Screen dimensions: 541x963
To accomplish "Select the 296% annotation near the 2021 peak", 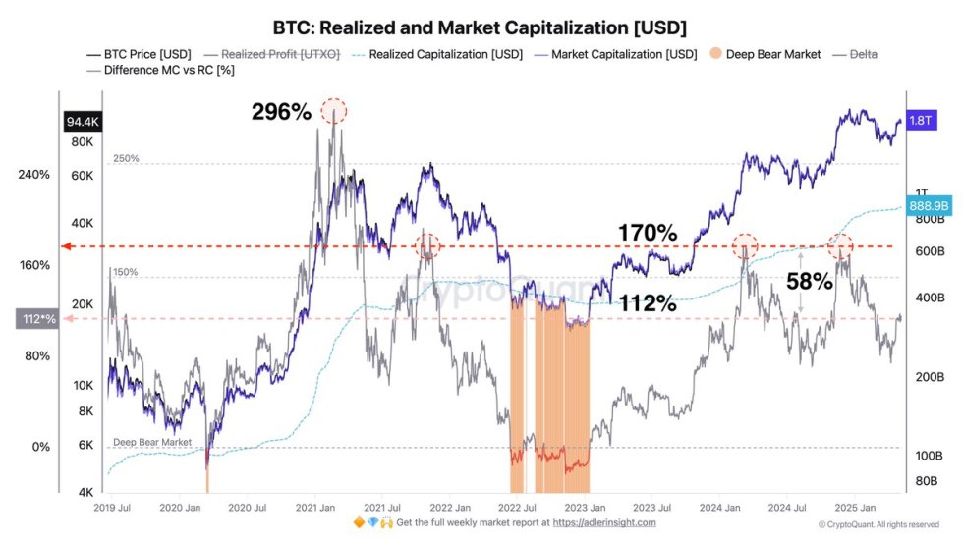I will pos(281,112).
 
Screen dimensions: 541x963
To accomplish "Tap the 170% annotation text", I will pos(647,233).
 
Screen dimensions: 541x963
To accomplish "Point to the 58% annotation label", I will pos(810,281).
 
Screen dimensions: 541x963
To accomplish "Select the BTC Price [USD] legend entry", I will pos(131,54).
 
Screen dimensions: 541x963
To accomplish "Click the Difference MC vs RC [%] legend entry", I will pos(155,71).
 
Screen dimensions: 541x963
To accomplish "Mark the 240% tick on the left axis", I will pos(33,175).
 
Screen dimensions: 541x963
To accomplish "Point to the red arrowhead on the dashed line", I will pos(67,246).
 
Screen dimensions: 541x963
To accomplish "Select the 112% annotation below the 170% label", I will pos(647,303).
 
